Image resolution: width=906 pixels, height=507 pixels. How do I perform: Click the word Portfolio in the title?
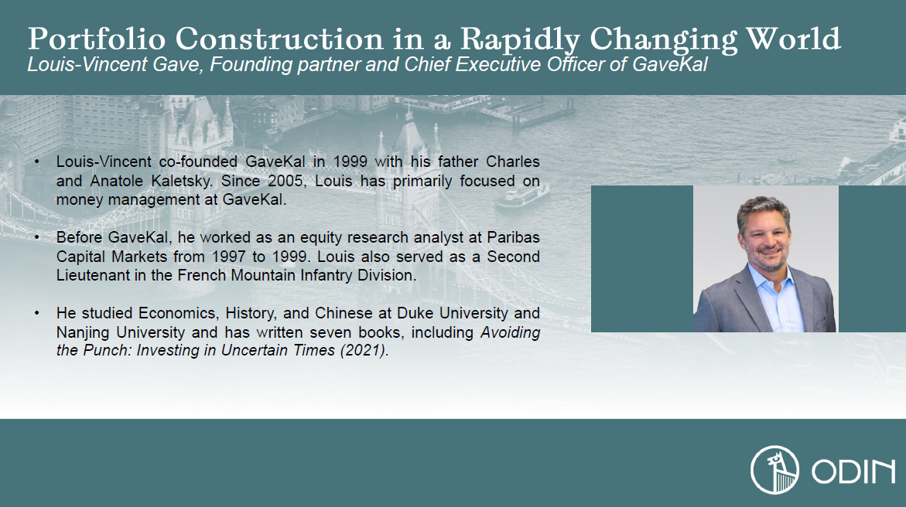coord(97,39)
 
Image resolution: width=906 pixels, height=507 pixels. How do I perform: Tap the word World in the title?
coord(793,39)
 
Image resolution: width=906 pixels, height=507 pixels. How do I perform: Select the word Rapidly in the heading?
coord(520,40)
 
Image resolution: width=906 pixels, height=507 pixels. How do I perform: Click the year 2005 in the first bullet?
coord(285,181)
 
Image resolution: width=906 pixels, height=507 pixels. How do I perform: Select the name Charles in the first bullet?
coord(512,162)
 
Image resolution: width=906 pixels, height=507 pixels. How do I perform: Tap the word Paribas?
coord(513,237)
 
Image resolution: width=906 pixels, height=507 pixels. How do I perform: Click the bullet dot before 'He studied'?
coord(37,314)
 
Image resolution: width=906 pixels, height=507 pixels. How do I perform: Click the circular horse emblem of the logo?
coord(774,470)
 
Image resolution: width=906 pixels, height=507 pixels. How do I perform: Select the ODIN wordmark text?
coord(853,471)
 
